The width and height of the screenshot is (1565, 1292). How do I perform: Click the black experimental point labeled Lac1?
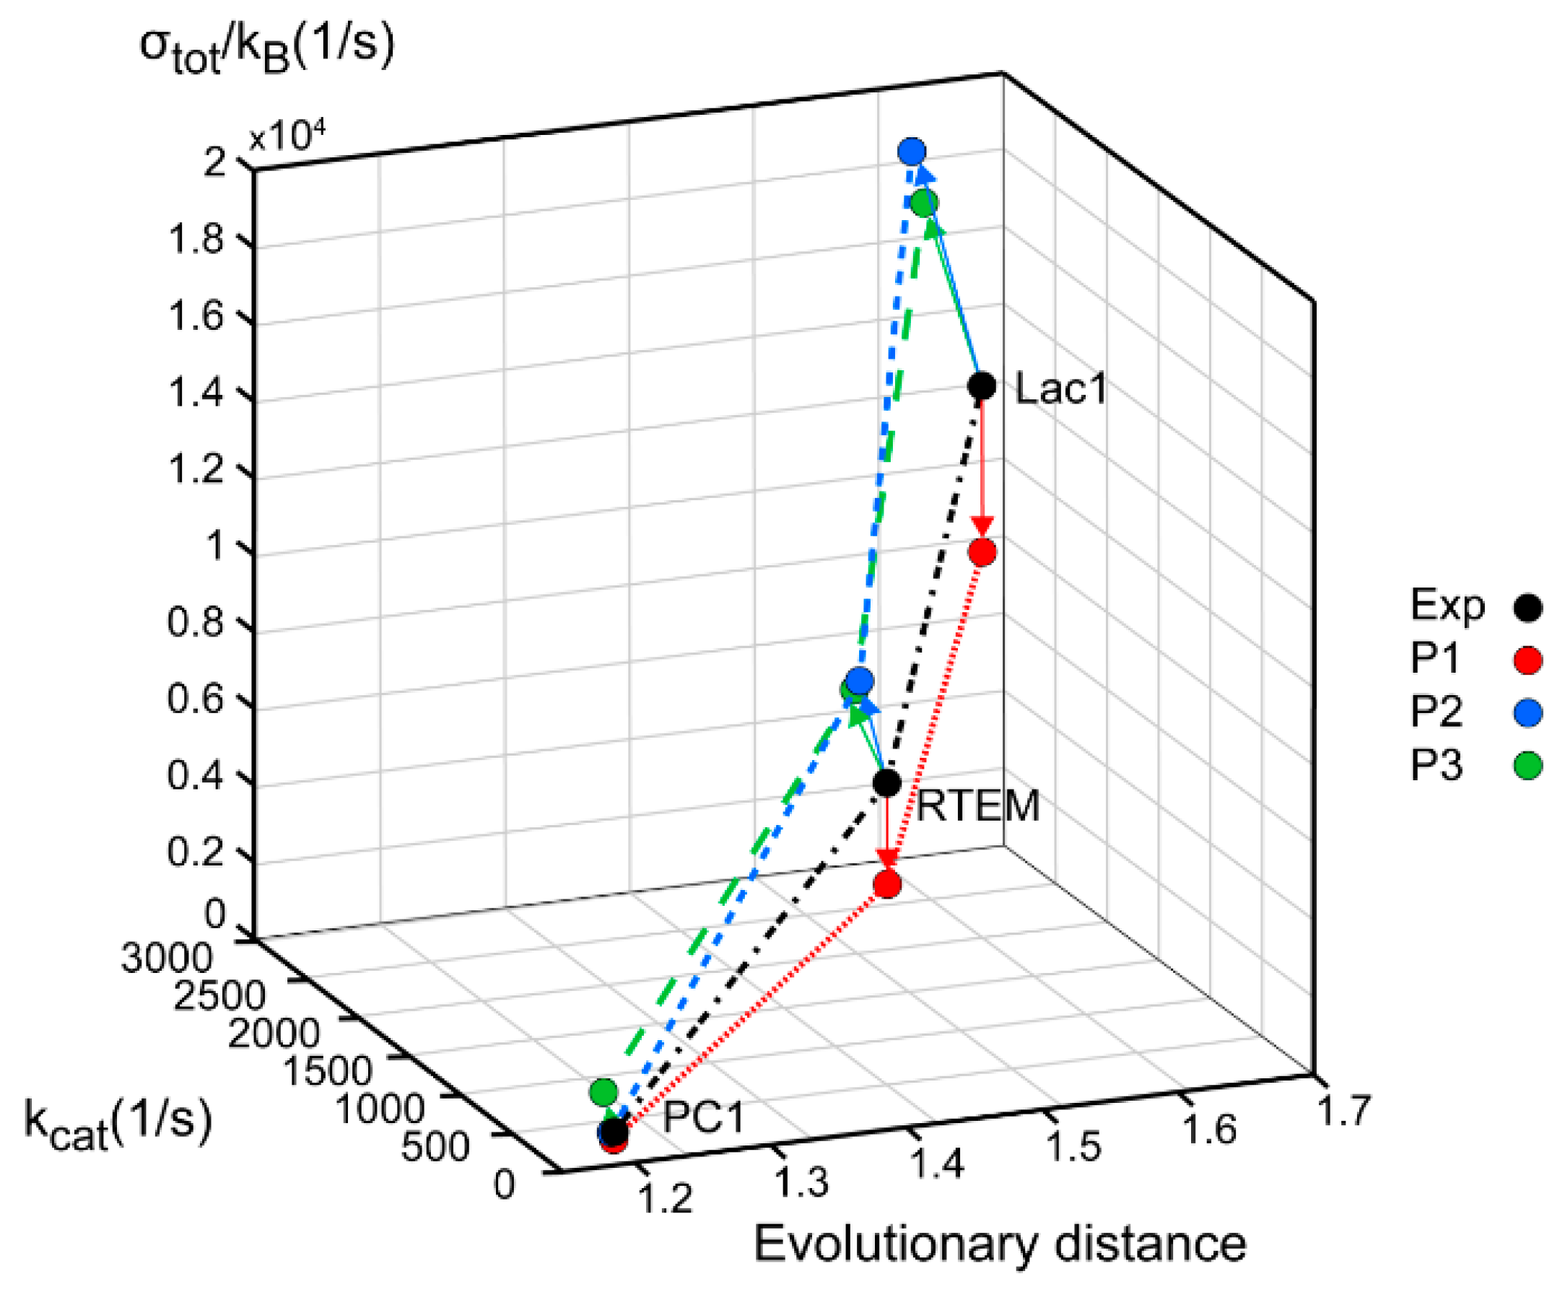(x=981, y=385)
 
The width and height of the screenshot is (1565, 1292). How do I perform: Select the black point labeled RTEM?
(x=886, y=783)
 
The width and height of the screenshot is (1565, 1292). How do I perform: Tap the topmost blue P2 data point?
(x=912, y=152)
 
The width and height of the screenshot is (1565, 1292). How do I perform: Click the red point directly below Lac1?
(x=982, y=551)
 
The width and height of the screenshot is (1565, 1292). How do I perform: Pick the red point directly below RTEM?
(x=887, y=884)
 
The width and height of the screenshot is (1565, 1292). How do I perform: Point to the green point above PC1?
(x=603, y=1092)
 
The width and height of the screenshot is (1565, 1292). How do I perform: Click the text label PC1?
(x=703, y=1117)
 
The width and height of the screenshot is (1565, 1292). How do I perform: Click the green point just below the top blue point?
(x=924, y=202)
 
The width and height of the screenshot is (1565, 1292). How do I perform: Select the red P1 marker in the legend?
(x=1527, y=660)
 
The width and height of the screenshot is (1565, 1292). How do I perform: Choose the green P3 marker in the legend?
(x=1527, y=765)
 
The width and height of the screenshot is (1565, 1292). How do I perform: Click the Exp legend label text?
(x=1447, y=606)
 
